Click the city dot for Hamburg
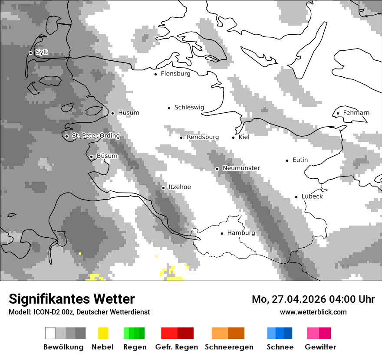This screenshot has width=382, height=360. click(222, 233)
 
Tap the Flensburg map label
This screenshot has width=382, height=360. click(175, 74)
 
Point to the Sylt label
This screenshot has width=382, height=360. click(42, 52)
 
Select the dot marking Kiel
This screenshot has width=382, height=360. click(233, 137)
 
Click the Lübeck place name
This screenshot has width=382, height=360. click(312, 196)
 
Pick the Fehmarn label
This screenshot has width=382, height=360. click(356, 113)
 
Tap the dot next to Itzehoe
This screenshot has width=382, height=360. click(163, 188)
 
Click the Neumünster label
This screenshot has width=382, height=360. click(241, 168)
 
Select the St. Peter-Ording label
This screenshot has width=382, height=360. click(95, 136)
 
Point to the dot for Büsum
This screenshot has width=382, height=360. click(91, 157)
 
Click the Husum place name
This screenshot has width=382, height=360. click(128, 113)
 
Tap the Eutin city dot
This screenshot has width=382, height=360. click(287, 160)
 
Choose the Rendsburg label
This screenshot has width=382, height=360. click(203, 137)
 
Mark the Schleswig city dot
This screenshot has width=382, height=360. click(169, 108)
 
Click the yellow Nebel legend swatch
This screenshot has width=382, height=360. click(103, 333)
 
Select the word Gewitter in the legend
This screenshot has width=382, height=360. click(320, 347)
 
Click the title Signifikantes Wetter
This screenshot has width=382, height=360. click(72, 299)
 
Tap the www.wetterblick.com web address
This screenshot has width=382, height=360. click(313, 312)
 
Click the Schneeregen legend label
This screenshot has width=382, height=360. click(229, 347)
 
